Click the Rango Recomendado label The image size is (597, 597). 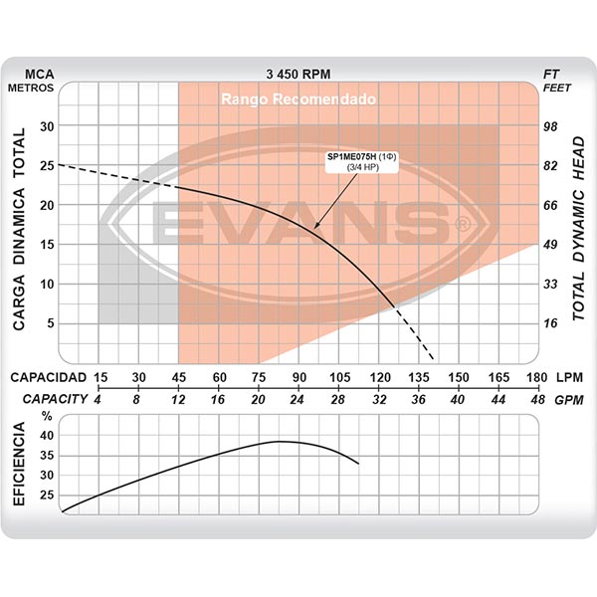click(298, 100)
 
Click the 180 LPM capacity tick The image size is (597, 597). click(537, 377)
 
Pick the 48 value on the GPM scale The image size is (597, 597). click(537, 398)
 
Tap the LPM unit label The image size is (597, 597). click(570, 377)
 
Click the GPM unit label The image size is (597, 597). click(570, 398)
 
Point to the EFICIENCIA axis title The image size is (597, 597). click(20, 466)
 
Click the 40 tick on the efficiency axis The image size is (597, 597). click(47, 436)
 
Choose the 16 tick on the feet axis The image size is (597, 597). click(549, 322)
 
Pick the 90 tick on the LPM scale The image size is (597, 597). click(298, 377)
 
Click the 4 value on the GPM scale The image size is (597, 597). click(99, 398)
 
